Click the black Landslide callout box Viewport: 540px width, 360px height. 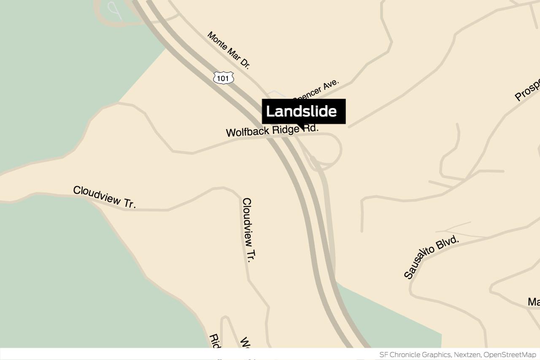304,111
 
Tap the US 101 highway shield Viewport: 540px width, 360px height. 223,78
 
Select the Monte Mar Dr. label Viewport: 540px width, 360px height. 229,50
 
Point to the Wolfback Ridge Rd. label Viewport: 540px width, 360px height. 272,130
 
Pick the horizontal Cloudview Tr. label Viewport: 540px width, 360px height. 104,197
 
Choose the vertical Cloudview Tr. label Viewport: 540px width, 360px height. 249,230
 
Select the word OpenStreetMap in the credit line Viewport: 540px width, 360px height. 510,355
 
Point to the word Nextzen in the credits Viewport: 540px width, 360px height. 467,355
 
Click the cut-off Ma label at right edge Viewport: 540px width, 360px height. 534,302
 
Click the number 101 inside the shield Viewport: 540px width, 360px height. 223,78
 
